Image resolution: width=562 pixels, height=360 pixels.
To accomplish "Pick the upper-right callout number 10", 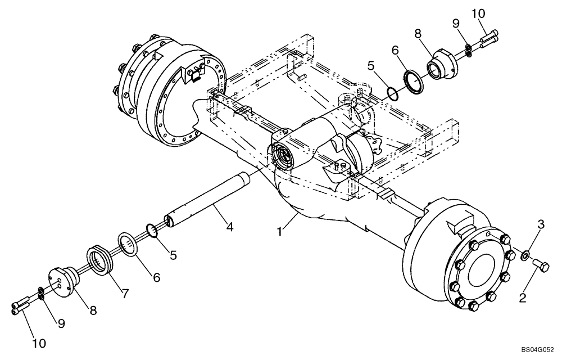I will click(477, 13).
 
